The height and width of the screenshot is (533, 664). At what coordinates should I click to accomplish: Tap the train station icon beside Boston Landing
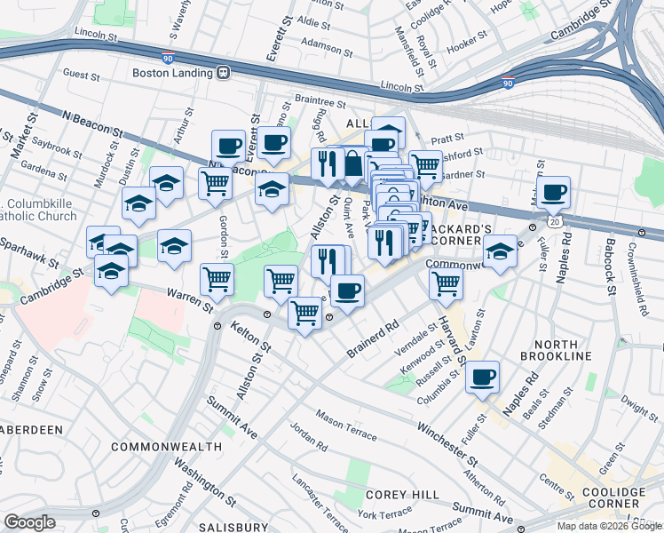(x=225, y=73)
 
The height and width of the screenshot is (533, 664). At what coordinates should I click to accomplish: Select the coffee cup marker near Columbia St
(x=483, y=377)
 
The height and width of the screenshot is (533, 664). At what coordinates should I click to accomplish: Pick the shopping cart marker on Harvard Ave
(x=446, y=284)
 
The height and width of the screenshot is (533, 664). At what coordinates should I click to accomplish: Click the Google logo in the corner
(x=29, y=521)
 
